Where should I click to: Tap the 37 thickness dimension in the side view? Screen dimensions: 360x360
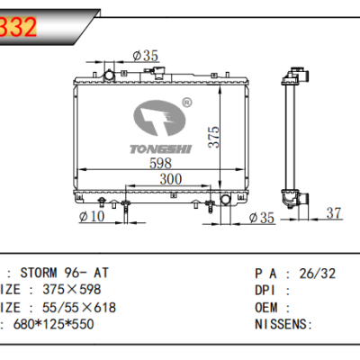(333, 212)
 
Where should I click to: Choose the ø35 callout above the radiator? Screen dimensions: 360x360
(145, 56)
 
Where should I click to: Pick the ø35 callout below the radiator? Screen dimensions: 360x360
(261, 217)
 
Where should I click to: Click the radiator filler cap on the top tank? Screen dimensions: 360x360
(111, 72)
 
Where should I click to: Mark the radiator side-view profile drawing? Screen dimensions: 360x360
(294, 135)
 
